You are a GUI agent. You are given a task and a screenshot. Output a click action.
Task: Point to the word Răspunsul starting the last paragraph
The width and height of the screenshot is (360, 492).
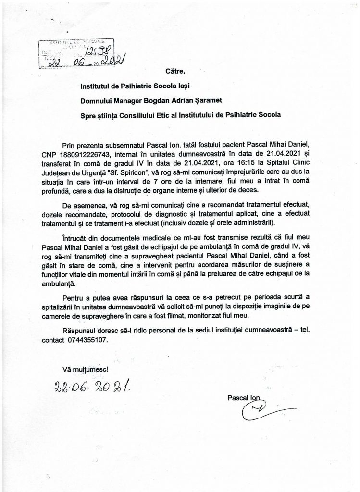coord(81,331)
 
